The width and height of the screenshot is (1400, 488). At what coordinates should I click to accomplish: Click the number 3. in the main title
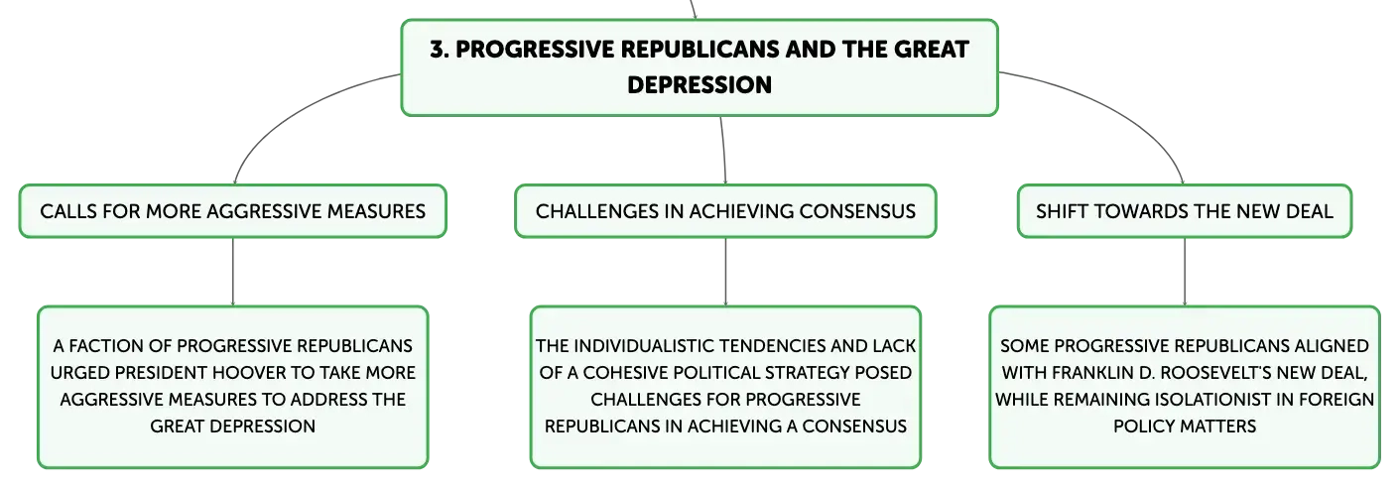pyautogui.click(x=440, y=50)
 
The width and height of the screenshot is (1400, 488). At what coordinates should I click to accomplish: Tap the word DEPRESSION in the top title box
pyautogui.click(x=700, y=85)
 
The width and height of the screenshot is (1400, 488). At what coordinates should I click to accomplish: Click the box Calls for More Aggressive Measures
pyautogui.click(x=232, y=211)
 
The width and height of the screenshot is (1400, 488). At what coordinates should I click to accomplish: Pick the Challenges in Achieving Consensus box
pyautogui.click(x=725, y=211)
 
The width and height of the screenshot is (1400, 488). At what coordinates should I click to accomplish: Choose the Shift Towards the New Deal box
pyautogui.click(x=1185, y=211)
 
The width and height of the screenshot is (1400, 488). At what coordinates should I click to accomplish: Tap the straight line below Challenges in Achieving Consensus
pyautogui.click(x=725, y=272)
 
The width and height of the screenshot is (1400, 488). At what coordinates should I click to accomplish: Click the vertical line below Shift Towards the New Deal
pyautogui.click(x=1185, y=272)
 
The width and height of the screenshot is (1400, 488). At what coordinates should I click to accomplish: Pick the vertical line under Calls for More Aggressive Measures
pyautogui.click(x=233, y=272)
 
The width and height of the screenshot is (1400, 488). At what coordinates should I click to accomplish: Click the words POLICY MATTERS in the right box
pyautogui.click(x=1185, y=427)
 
